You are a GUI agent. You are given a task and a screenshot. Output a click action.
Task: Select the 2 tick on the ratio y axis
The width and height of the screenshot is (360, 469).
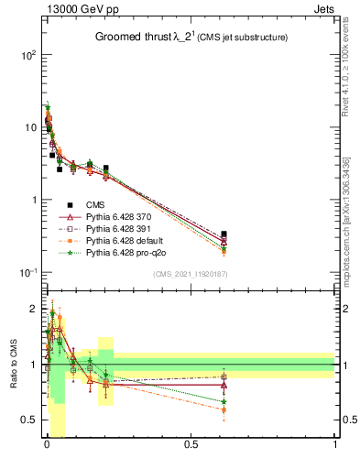[32, 308]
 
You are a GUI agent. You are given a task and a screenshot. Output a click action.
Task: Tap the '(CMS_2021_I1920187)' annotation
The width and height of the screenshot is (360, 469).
[191, 275]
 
